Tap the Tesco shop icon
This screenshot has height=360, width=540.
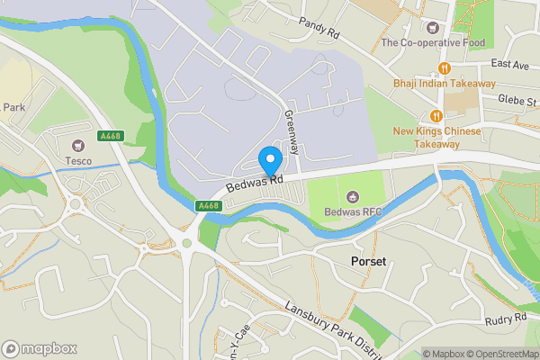coord(78,145)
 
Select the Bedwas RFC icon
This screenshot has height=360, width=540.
coord(353,196)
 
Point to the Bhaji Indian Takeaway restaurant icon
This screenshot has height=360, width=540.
coord(445,68)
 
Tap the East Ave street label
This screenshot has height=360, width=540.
coord(510,65)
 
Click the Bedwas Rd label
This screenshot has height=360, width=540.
coord(256,185)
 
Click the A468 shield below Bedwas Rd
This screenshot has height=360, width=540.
coord(208,206)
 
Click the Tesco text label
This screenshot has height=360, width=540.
coord(78,162)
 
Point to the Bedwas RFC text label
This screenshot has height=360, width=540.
coord(353,213)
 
